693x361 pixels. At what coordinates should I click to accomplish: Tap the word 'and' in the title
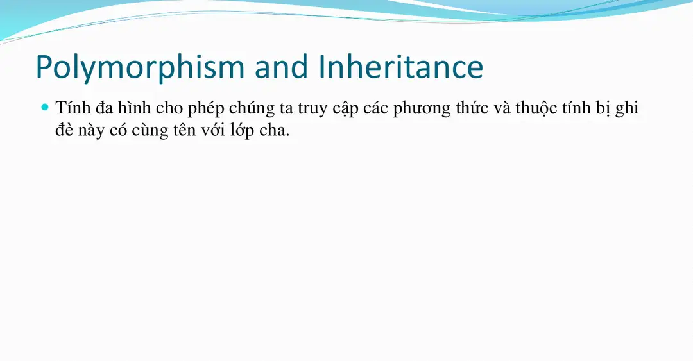(282, 67)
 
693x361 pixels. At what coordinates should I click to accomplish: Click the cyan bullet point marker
(45, 107)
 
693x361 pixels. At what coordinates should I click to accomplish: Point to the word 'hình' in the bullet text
(134, 108)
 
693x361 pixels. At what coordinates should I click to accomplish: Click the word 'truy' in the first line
(312, 110)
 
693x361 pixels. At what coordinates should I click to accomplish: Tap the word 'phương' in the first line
(418, 110)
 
